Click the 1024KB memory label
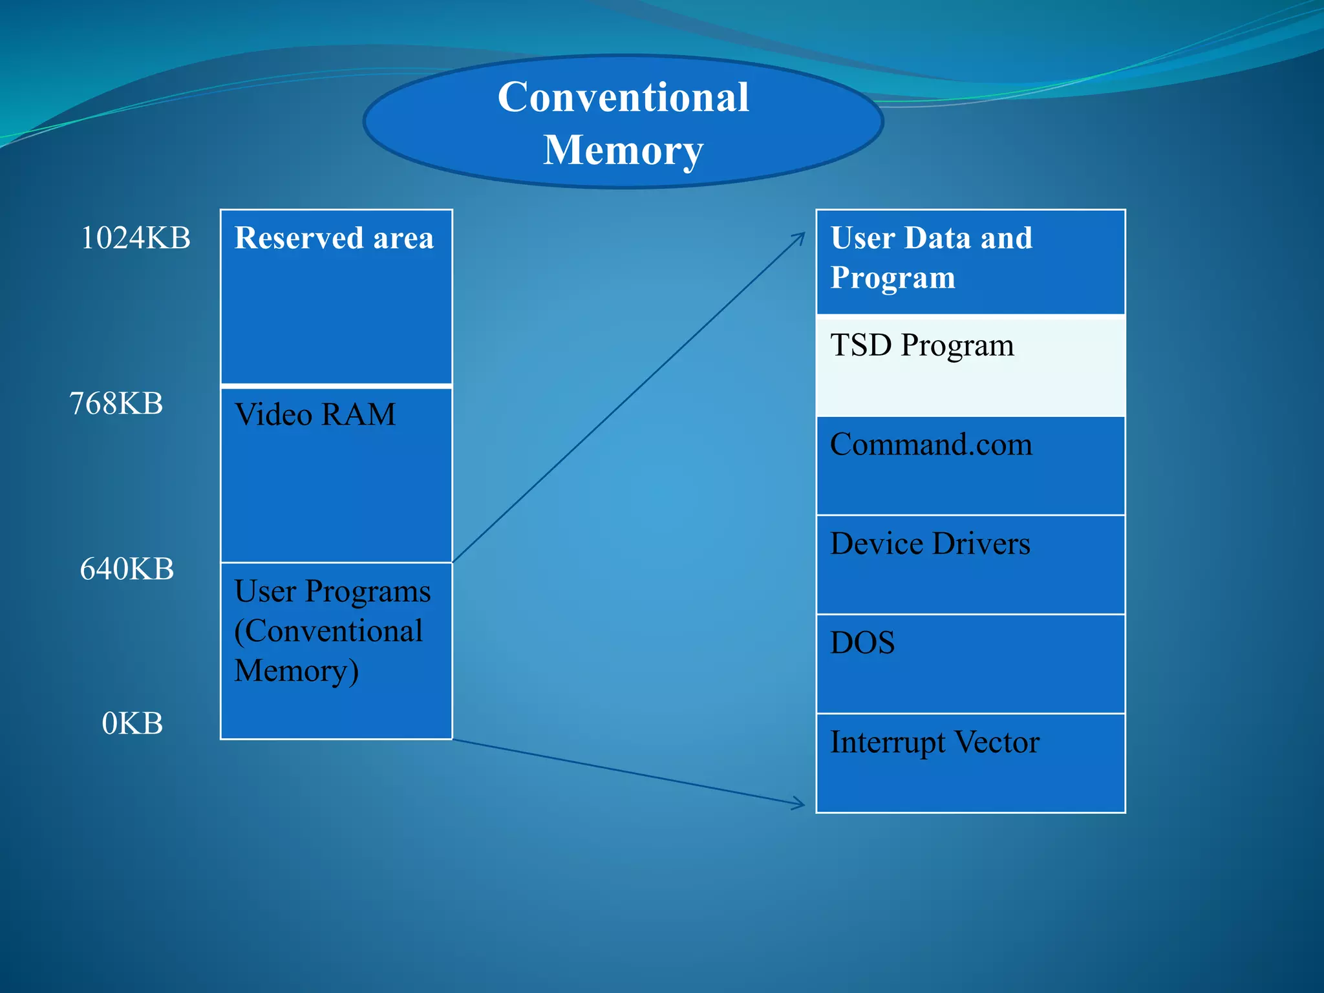[x=136, y=238]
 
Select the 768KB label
[x=116, y=403]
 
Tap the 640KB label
[x=127, y=570]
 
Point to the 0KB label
[x=133, y=723]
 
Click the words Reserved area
[x=334, y=238]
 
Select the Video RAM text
[x=315, y=414]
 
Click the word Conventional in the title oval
[x=623, y=98]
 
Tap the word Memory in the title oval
[x=623, y=151]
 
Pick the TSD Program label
[x=922, y=345]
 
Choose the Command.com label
[x=931, y=445]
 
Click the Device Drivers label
[x=930, y=544]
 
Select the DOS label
[x=862, y=643]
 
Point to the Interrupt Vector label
[x=935, y=742]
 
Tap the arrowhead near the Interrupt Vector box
[x=800, y=804]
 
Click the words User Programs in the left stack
[x=332, y=592]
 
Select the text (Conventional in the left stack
[x=328, y=631]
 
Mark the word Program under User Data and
[x=893, y=278]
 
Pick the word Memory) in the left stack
[x=296, y=671]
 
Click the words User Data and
[x=931, y=238]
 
